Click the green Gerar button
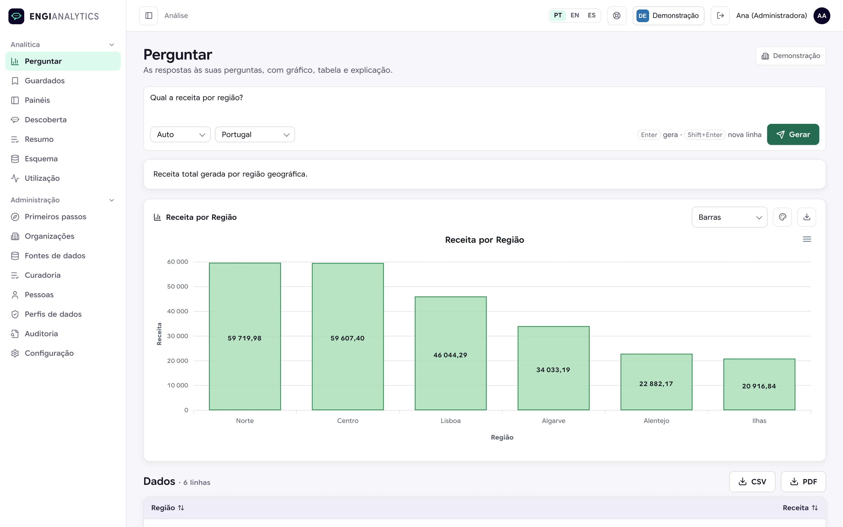[x=793, y=135]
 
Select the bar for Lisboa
[x=450, y=353]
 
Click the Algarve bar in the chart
[x=553, y=368]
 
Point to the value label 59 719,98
[x=244, y=338]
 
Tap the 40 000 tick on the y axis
[x=178, y=311]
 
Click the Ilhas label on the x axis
[x=759, y=421]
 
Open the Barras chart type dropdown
[x=729, y=217]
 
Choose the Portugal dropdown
[x=255, y=135]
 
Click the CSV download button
[x=752, y=482]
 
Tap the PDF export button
[x=803, y=482]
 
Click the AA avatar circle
[x=822, y=16]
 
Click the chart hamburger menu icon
[x=807, y=239]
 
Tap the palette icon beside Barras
[x=782, y=217]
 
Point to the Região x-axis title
[x=502, y=437]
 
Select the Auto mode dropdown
[x=180, y=135]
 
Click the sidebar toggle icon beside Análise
[x=149, y=16]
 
